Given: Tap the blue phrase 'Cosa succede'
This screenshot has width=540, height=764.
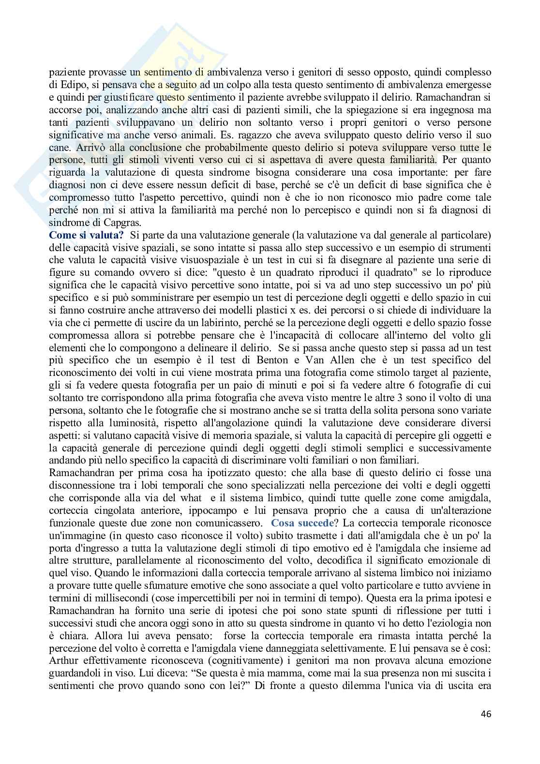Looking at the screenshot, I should coord(295,523).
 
